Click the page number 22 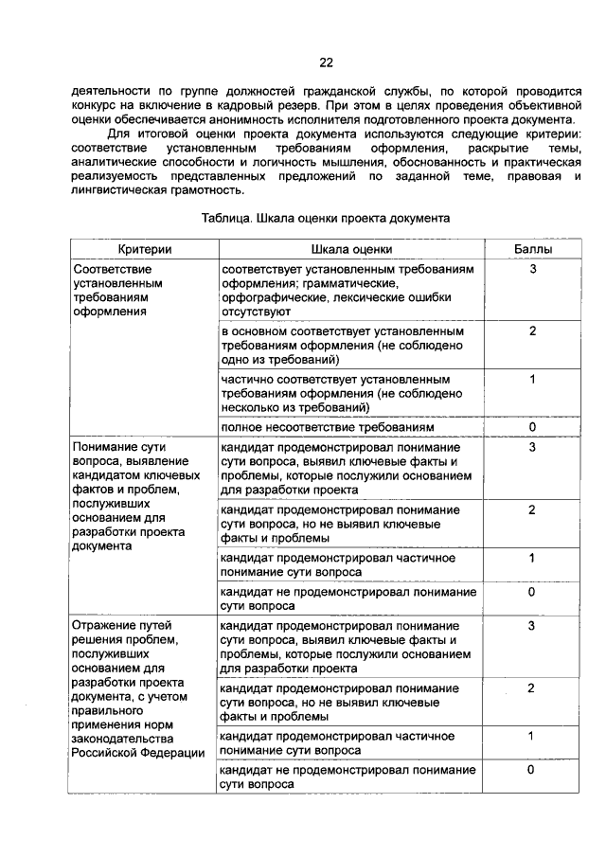[x=325, y=62]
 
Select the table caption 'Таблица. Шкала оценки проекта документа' [x=325, y=217]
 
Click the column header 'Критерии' [x=144, y=248]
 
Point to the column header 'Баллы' [x=533, y=248]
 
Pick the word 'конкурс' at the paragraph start [x=94, y=106]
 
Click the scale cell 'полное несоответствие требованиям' [x=328, y=427]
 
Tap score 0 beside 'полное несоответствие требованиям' [x=533, y=427]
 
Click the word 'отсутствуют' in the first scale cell [x=258, y=311]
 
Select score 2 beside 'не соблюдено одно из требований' [x=533, y=331]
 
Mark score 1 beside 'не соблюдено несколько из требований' [x=533, y=380]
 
